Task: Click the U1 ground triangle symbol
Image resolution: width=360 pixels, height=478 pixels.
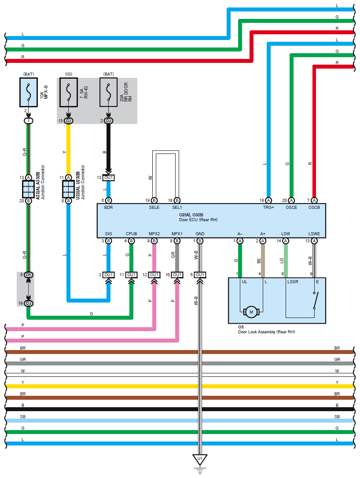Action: coord(200,460)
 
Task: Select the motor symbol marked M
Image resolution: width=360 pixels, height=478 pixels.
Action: coord(251,312)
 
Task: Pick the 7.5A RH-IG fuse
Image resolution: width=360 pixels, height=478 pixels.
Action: coord(69,92)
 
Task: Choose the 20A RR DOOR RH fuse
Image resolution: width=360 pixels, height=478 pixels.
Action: coord(109,92)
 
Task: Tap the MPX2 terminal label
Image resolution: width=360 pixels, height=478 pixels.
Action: coord(154,234)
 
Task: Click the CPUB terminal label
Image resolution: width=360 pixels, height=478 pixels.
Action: coord(131,234)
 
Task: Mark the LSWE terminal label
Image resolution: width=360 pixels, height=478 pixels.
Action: coord(314,234)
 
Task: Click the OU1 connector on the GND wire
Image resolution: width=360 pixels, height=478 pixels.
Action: coord(200,275)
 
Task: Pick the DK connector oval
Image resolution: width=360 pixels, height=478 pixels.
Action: coord(29,275)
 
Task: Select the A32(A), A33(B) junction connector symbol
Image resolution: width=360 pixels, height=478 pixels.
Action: coord(28,189)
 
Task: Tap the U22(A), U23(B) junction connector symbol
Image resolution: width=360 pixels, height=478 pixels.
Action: coord(68,189)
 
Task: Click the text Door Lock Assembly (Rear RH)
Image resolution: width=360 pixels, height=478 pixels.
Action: coord(266,332)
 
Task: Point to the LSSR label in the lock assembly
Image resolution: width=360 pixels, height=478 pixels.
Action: coord(293,281)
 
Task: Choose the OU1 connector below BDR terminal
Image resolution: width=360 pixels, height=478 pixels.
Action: coord(109,178)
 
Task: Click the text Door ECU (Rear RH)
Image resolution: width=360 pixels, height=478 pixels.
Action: coord(198,219)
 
